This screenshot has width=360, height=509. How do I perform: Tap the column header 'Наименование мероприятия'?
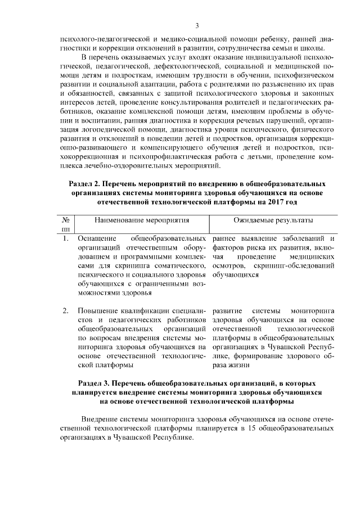click(141, 220)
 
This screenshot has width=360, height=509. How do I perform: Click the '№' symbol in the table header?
click(65, 220)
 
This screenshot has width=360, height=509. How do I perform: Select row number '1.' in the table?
click(66, 238)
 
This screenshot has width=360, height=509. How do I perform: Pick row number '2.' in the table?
click(66, 310)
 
